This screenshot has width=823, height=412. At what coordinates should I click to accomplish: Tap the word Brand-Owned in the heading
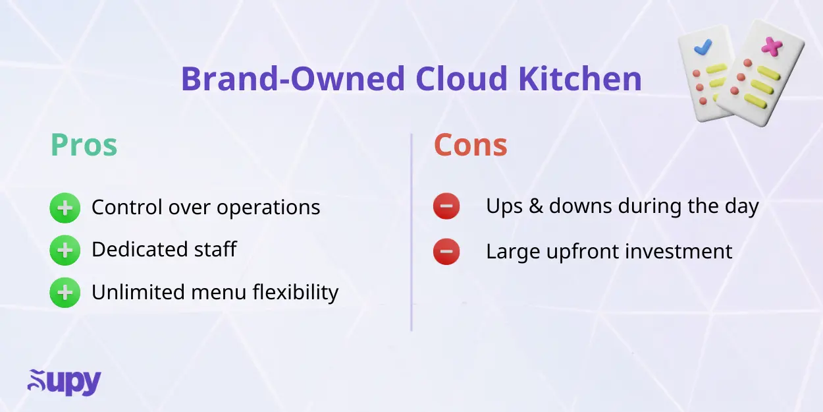point(292,79)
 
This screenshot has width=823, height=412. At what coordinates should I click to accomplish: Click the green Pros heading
point(84,146)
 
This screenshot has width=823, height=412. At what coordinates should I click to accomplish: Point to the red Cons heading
point(470,146)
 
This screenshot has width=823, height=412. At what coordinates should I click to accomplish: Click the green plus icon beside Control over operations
point(65,208)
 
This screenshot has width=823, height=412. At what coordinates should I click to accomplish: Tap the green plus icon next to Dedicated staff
point(65,250)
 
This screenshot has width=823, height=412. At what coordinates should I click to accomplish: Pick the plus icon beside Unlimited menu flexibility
point(65,292)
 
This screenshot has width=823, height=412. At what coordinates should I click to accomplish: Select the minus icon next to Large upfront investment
point(446,251)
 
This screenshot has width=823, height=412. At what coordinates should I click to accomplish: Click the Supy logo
point(64,382)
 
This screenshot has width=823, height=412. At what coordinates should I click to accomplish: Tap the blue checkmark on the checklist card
point(703,47)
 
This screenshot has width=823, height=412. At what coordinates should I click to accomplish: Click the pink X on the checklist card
point(771,46)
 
